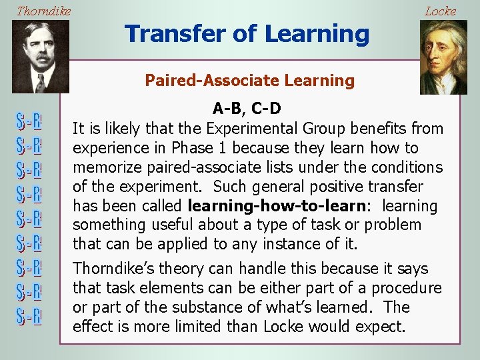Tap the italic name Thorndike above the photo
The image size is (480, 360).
[x=43, y=11]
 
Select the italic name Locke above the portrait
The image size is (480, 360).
[x=440, y=11]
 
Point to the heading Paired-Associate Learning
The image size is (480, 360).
[x=250, y=81]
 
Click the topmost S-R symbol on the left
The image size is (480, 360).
[x=29, y=122]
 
